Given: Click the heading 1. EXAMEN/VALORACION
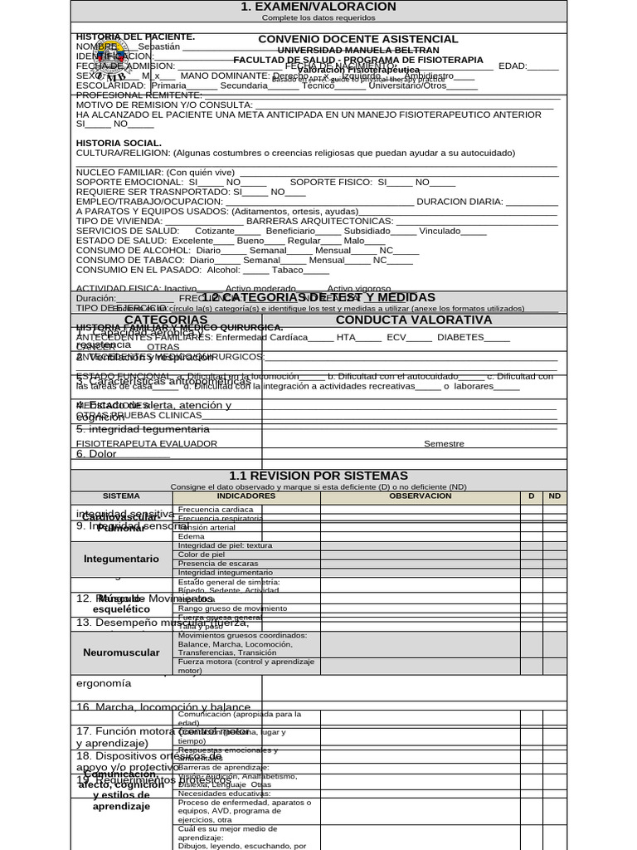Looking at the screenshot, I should click(x=318, y=7).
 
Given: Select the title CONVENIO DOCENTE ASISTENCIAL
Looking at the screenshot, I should click(x=357, y=39).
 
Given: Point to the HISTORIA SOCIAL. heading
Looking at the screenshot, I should click(x=119, y=143).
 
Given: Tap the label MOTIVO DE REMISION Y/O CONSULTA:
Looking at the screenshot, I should click(x=164, y=105).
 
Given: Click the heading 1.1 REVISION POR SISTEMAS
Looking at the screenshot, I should click(x=318, y=475).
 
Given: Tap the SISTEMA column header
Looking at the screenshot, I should click(x=121, y=496).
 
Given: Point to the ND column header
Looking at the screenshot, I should click(x=555, y=496).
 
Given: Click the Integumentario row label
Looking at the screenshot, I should click(x=121, y=559).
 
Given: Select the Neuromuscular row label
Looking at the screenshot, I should click(x=121, y=652).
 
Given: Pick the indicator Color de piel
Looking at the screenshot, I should click(x=202, y=554).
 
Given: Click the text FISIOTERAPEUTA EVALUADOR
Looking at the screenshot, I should click(x=147, y=443).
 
